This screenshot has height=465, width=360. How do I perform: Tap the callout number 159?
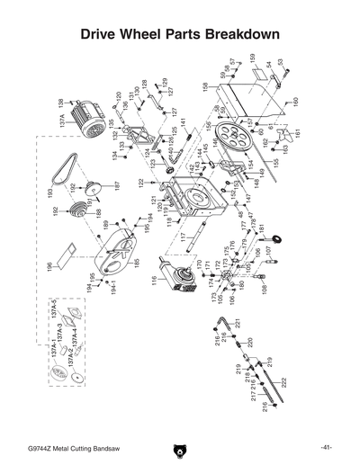[x=253, y=58]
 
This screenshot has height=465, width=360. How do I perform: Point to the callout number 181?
[x=262, y=231]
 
